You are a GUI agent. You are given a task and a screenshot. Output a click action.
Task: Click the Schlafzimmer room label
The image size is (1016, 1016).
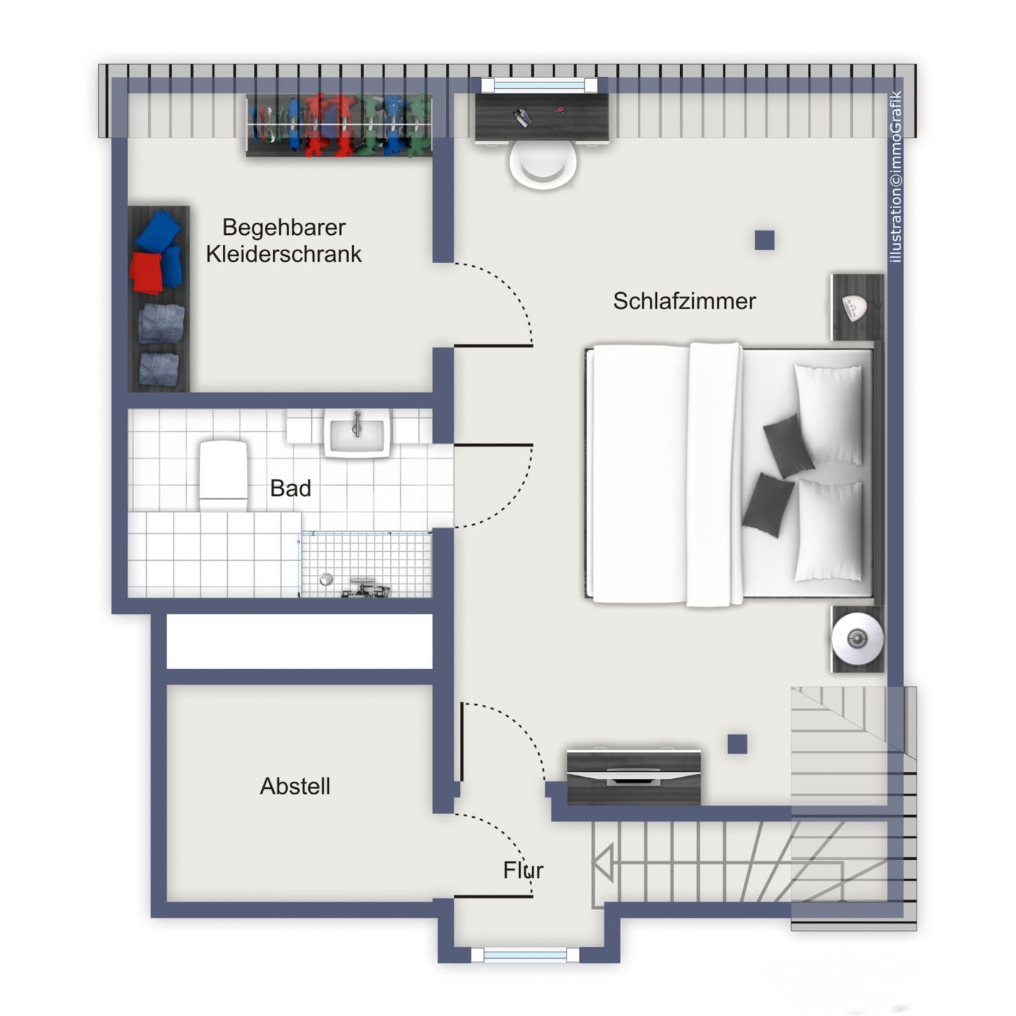point(684,301)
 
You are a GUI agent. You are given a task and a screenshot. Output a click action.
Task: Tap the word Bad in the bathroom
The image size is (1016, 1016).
point(290,488)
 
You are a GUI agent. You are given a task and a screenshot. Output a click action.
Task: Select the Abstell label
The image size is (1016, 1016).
point(295,786)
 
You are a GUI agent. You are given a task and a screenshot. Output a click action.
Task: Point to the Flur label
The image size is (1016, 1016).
point(523,870)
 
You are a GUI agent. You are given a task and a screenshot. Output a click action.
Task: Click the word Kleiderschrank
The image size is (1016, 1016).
point(284,254)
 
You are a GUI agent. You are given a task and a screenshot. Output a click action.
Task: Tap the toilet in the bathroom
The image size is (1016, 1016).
point(224,475)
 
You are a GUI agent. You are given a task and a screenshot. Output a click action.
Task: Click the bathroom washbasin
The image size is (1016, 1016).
point(357,432)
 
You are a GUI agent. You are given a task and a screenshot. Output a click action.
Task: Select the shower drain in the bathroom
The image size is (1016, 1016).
point(326,579)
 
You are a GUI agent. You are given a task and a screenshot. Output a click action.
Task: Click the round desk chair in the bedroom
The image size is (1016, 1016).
point(543,164)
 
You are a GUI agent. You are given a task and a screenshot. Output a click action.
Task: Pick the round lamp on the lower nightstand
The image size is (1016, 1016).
point(857,639)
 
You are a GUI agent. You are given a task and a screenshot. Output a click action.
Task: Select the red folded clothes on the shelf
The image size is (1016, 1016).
point(147,273)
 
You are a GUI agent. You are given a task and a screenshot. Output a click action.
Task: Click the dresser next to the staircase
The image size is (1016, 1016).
point(634,777)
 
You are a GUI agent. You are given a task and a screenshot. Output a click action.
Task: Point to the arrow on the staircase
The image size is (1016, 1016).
point(603,863)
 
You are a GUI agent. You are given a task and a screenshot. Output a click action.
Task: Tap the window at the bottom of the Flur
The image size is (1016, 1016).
point(524,955)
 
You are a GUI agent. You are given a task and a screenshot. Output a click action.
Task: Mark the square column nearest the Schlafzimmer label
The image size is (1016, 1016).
point(764,241)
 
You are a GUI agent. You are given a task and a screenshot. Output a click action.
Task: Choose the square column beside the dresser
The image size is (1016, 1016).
point(737,744)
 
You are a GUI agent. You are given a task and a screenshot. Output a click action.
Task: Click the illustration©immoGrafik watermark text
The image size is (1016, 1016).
point(896,176)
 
